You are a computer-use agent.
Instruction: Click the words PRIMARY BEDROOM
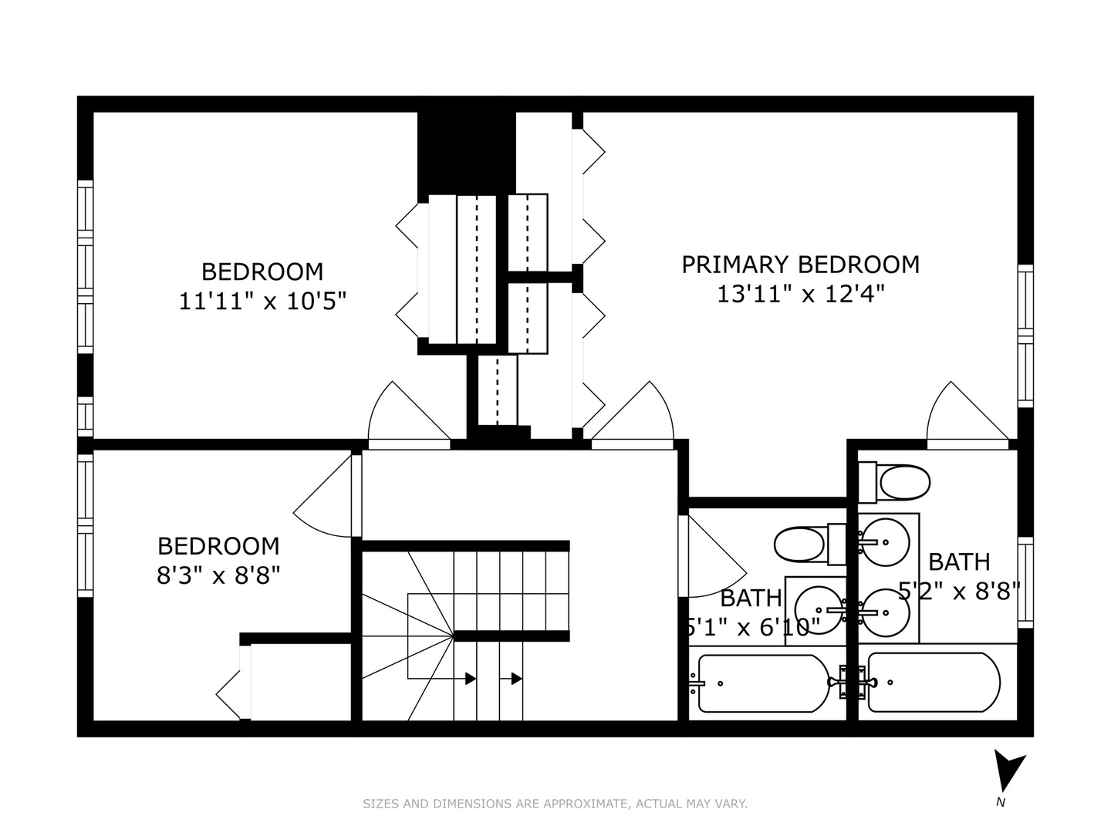tap(800, 265)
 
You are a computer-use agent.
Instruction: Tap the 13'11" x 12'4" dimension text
tap(800, 294)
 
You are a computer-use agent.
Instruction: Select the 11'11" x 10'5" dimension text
tap(262, 300)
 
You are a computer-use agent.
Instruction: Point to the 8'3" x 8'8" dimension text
tap(218, 575)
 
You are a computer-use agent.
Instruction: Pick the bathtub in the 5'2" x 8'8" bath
tap(934, 683)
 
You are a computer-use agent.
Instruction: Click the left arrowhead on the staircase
tap(470, 679)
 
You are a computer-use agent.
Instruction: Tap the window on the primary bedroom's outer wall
tap(1025, 336)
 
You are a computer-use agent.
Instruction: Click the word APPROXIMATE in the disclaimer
tap(586, 804)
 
